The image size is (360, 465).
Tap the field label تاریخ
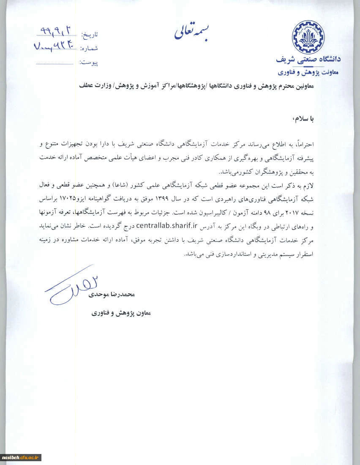coord(89,34)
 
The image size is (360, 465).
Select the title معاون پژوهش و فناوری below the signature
coord(121,313)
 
